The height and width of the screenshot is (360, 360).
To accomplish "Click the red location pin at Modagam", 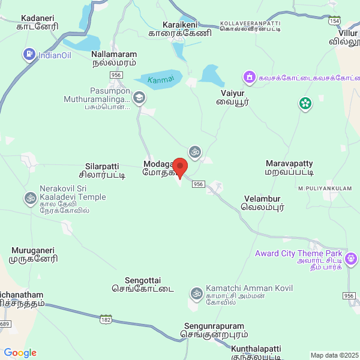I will coord(180,166).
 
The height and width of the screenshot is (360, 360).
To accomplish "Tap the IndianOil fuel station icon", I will coord(29,55).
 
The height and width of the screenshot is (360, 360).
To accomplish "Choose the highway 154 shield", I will coord(335,20).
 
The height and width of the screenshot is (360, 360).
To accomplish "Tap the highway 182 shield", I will coord(106,319).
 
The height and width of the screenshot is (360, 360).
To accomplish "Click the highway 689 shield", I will coord(5,324).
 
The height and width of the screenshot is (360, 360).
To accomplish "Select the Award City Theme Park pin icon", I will coord(350,259).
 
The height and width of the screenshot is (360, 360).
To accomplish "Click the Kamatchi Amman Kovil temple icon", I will coord(196,293).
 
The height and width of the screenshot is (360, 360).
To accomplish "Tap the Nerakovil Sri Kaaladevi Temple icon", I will coord(29,197).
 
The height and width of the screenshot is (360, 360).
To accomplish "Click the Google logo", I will coord(20,353).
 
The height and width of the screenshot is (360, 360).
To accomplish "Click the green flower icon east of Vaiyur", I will coord(305,104).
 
